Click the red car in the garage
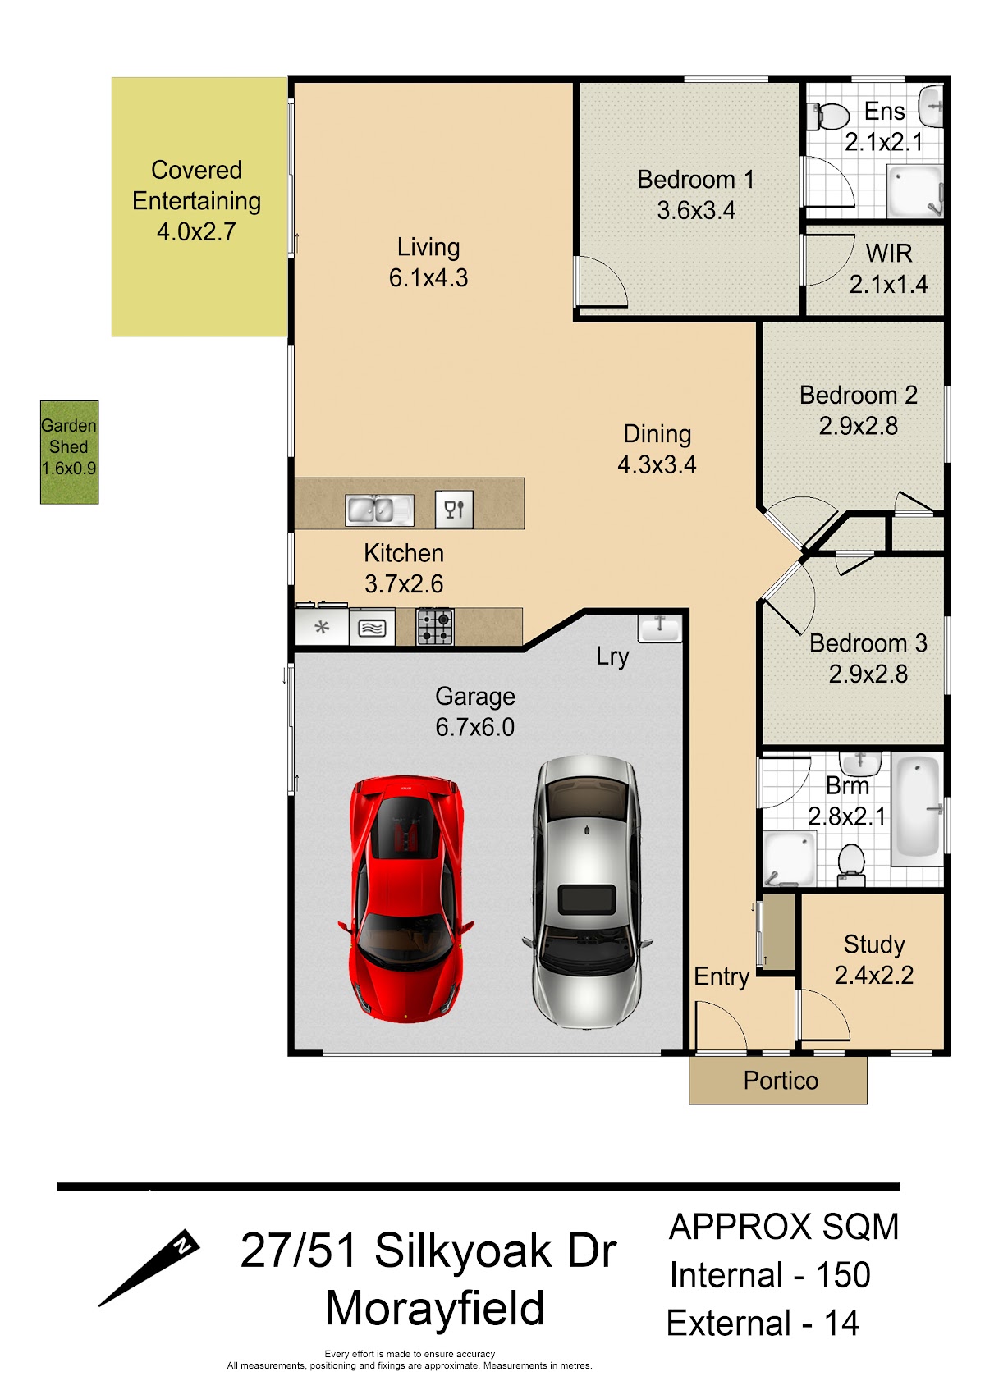click(406, 898)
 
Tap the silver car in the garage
click(587, 892)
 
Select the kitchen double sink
click(379, 510)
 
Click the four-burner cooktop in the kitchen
click(434, 627)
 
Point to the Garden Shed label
click(69, 437)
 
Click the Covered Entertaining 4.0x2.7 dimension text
click(196, 231)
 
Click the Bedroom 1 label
click(696, 180)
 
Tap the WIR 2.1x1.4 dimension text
click(888, 284)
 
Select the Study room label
click(874, 944)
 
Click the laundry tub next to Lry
click(660, 628)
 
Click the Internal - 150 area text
click(770, 1275)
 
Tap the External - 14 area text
click(763, 1323)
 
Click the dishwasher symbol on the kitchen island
click(454, 510)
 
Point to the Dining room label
click(657, 434)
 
